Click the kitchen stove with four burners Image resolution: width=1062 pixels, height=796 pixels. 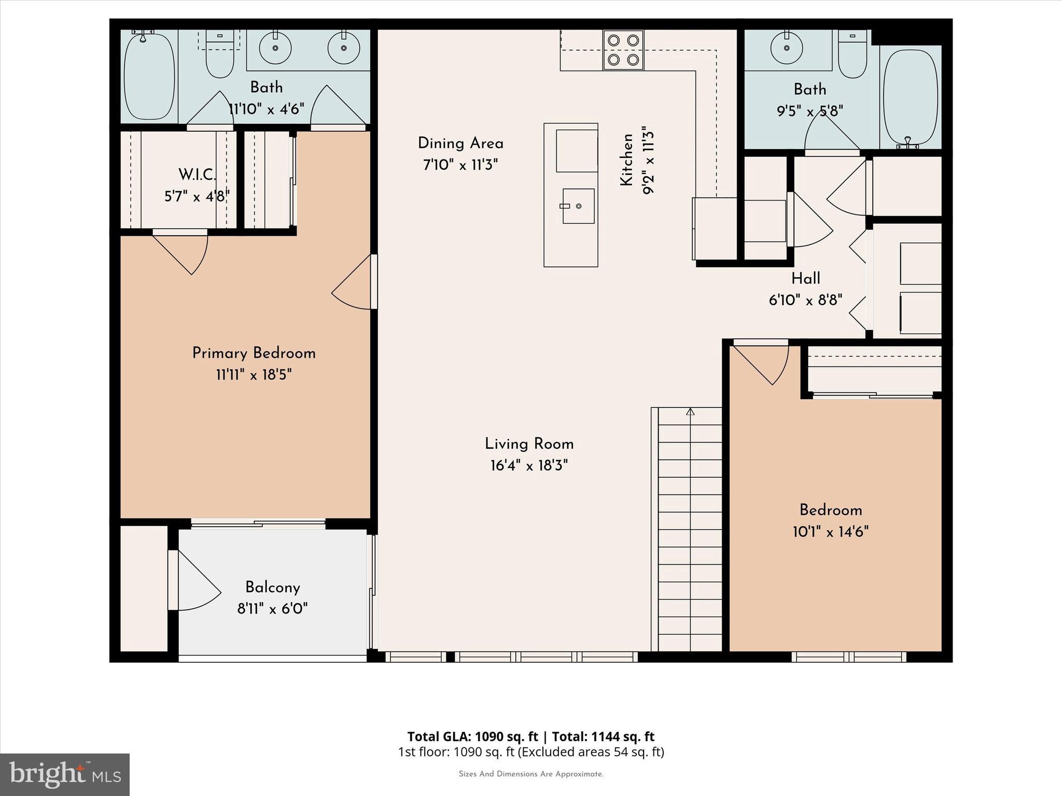(623, 50)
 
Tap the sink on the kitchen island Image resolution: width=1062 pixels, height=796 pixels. (578, 206)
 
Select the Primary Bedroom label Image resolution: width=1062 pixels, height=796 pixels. (254, 353)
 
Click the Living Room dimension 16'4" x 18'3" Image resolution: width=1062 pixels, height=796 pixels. (529, 466)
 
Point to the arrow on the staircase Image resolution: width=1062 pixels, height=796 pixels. (690, 412)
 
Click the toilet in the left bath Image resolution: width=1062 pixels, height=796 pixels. (220, 55)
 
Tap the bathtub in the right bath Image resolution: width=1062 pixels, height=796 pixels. (910, 97)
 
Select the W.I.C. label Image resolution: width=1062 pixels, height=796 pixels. (197, 175)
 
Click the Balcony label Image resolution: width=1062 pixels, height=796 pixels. (273, 587)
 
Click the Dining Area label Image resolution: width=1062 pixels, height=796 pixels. (460, 143)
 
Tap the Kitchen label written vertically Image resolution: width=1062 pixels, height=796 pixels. (627, 160)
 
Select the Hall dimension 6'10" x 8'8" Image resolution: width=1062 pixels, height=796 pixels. (805, 300)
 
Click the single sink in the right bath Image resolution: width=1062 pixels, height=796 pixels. (787, 48)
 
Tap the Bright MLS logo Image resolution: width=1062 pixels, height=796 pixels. (65, 774)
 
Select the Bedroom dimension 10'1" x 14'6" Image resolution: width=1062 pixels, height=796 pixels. (830, 532)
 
